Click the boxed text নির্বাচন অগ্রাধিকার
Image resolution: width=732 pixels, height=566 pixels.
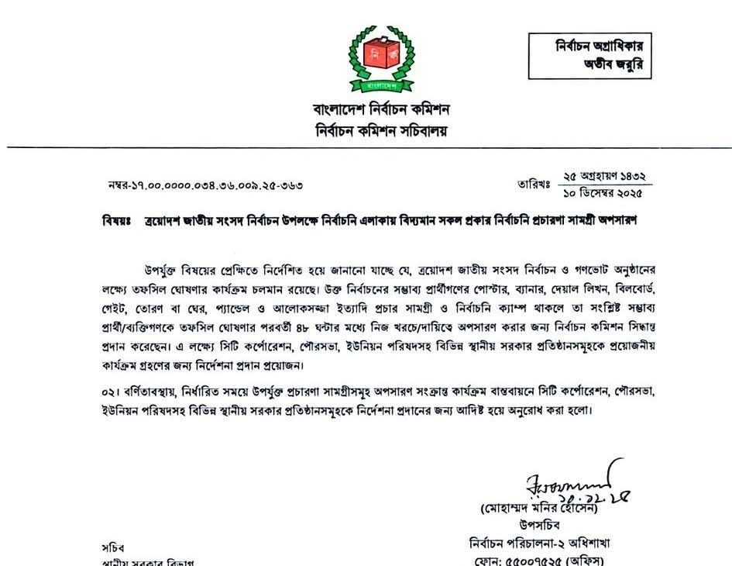[x=603, y=47]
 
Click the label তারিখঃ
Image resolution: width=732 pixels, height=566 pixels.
[x=533, y=185]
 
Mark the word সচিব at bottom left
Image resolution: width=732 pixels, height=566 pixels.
[x=113, y=547]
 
